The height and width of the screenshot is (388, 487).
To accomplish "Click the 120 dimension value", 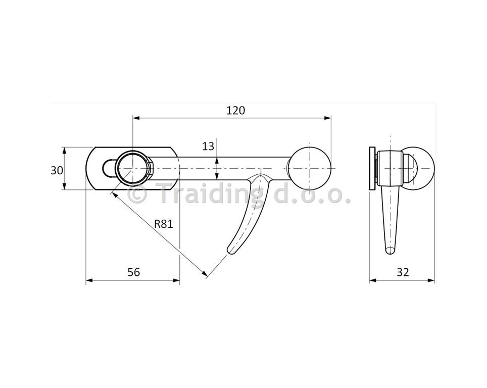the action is tap(235, 110).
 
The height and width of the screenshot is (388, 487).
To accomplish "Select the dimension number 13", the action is tap(208, 146).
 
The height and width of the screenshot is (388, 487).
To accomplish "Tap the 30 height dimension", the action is tap(57, 170).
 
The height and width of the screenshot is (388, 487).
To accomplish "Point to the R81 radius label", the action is tap(164, 224).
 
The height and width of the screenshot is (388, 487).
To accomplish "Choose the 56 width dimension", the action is tap(134, 272).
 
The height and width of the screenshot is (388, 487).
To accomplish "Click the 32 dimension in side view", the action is tap(403, 272).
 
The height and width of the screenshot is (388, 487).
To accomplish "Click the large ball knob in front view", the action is tap(309, 168).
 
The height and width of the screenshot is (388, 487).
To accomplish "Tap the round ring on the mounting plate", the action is tap(134, 168).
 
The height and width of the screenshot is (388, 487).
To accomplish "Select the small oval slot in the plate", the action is tap(109, 168).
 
